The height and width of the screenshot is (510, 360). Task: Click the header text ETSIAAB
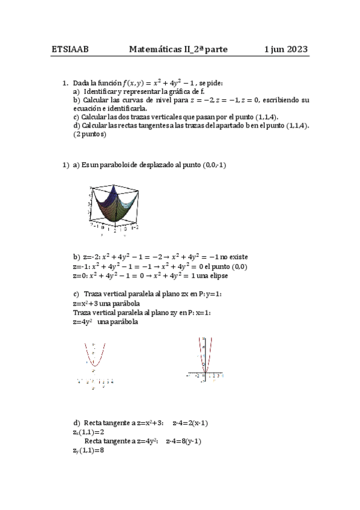tap(70, 50)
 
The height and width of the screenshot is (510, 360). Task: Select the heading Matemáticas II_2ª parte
tap(178, 50)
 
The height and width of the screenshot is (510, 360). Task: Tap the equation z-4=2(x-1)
tap(190, 423)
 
